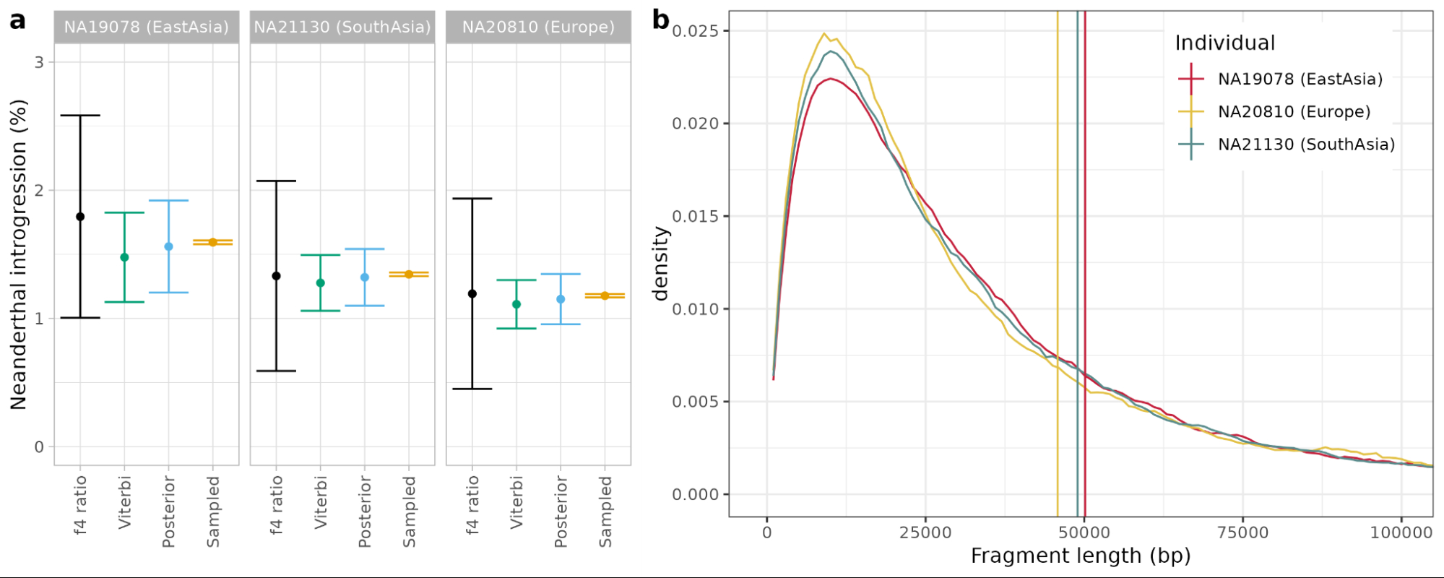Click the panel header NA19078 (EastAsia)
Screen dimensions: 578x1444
(146, 27)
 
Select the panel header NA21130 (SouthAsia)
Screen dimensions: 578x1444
(342, 27)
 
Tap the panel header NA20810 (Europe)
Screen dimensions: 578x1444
(538, 27)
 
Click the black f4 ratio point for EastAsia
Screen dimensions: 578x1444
(80, 217)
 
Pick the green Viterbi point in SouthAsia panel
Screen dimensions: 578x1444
(320, 283)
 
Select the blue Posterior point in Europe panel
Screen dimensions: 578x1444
(561, 299)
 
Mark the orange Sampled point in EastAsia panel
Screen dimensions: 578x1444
(213, 242)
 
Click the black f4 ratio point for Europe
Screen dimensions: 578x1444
(472, 294)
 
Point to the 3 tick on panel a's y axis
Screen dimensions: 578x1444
(39, 62)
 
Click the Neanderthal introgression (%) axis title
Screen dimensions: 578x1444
(19, 254)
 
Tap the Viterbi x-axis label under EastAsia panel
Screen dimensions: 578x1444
(125, 502)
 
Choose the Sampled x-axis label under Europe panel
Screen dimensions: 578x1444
(605, 512)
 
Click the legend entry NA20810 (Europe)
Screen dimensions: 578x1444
(1294, 112)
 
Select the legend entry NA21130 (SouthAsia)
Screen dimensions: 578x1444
(1306, 144)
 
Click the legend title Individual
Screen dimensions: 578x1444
(1224, 43)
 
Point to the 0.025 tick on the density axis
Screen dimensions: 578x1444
(696, 31)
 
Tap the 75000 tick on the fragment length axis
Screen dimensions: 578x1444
(1242, 533)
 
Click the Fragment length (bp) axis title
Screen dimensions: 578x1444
(1080, 556)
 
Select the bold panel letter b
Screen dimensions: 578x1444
(660, 20)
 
